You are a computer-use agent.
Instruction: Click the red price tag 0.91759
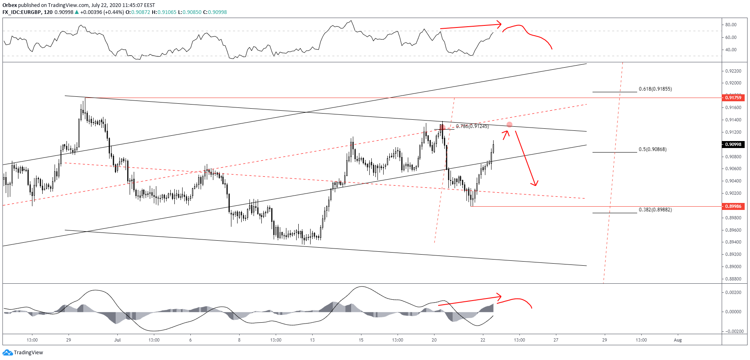click(x=733, y=98)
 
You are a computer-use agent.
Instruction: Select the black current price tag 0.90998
click(x=733, y=144)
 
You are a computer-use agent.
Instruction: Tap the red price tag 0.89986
click(x=733, y=206)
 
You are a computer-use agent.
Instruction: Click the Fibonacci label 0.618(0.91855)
click(x=655, y=89)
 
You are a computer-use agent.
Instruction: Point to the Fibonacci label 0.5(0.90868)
click(x=652, y=149)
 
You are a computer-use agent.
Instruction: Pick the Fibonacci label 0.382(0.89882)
click(x=655, y=210)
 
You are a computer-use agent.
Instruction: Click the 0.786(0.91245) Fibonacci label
click(x=472, y=126)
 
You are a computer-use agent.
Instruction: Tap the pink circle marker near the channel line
click(x=510, y=124)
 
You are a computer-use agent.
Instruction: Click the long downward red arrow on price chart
click(x=526, y=158)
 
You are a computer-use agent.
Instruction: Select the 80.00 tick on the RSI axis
click(x=731, y=25)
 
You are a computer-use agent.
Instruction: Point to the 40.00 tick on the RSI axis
click(x=731, y=50)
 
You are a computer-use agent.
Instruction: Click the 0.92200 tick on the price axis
click(x=733, y=71)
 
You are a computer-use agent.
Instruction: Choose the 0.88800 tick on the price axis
click(x=733, y=279)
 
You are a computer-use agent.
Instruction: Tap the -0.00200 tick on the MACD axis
click(x=732, y=331)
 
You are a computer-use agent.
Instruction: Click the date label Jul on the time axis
click(x=117, y=340)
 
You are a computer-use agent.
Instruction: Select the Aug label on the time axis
click(x=678, y=340)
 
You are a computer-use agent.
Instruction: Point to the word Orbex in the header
click(x=9, y=5)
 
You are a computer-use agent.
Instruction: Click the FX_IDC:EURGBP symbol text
click(x=21, y=12)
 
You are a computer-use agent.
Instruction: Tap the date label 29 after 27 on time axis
click(x=604, y=340)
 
